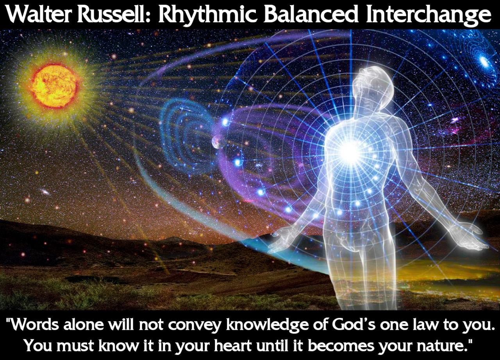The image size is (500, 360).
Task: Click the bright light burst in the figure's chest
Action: [x=349, y=151]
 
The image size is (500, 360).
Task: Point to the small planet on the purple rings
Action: [x=215, y=142]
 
